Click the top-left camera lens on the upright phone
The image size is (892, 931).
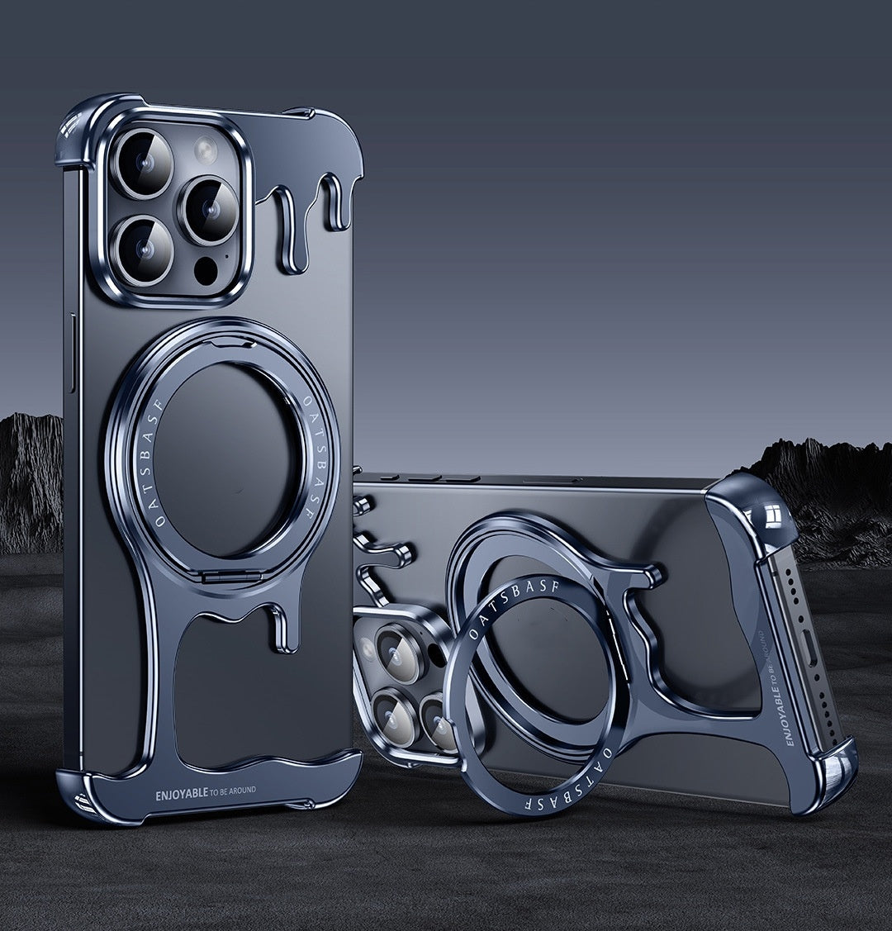pos(143,162)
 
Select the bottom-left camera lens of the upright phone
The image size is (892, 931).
pos(144,249)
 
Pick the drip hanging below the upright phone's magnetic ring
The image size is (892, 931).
pos(286,628)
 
